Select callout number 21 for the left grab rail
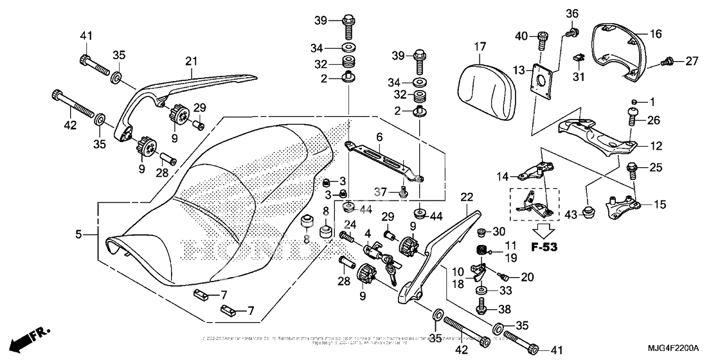point(190,61)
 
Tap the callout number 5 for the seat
point(78,235)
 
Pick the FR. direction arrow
point(24,339)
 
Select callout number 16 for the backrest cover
point(655,33)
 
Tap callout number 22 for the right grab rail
point(467,196)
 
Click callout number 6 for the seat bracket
point(380,137)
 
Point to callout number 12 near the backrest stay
point(656,146)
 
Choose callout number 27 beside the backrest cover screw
point(691,61)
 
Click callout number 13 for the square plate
point(519,69)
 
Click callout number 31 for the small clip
point(578,77)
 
